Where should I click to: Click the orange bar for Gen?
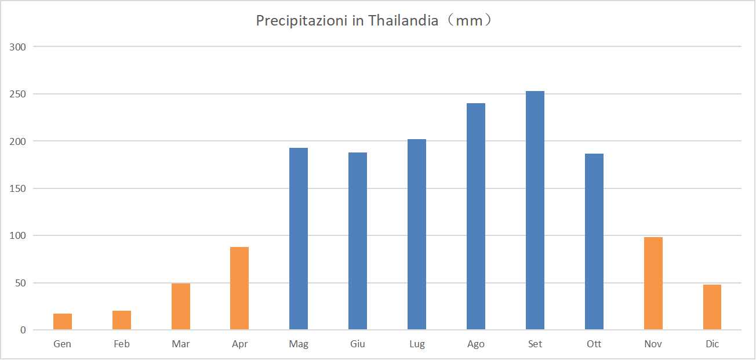pyautogui.click(x=63, y=322)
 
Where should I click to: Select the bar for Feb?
pyautogui.click(x=122, y=321)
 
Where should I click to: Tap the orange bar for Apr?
pyautogui.click(x=239, y=289)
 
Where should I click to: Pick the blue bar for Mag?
pyautogui.click(x=299, y=239)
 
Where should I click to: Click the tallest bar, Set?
pyautogui.click(x=535, y=210)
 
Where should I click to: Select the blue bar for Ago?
pyautogui.click(x=476, y=216)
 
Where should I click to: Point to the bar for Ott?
pyautogui.click(x=594, y=242)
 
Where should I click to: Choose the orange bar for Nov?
pyautogui.click(x=653, y=283)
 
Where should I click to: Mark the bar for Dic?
pyautogui.click(x=712, y=307)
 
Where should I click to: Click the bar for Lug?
pyautogui.click(x=417, y=234)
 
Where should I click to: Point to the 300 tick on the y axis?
pyautogui.click(x=18, y=47)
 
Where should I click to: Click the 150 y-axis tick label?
pyautogui.click(x=18, y=188)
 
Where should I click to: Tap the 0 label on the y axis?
pyautogui.click(x=23, y=330)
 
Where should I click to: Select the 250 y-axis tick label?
pyautogui.click(x=18, y=94)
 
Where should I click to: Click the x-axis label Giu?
pyautogui.click(x=358, y=344)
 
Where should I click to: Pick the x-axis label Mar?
pyautogui.click(x=181, y=344)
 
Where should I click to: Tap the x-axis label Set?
pyautogui.click(x=535, y=344)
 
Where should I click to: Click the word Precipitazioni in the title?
pyautogui.click(x=301, y=21)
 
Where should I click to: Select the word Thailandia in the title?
pyautogui.click(x=403, y=21)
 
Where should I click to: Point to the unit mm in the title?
pyautogui.click(x=469, y=21)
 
